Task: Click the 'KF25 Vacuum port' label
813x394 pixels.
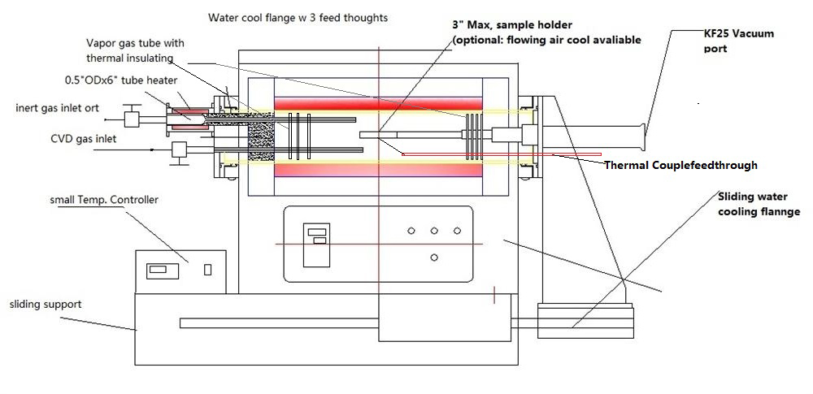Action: pyautogui.click(x=738, y=41)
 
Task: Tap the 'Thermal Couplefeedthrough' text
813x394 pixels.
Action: pyautogui.click(x=680, y=165)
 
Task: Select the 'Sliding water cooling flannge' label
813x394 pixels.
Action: pyautogui.click(x=759, y=204)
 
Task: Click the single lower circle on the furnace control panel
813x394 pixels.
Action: pyautogui.click(x=434, y=258)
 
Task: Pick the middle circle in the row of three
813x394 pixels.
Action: pyautogui.click(x=434, y=232)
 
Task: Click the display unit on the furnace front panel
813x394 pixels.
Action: pyautogui.click(x=316, y=244)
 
